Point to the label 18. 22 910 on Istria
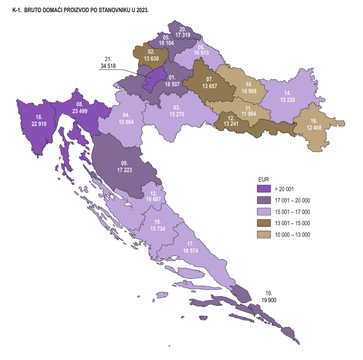click(39, 121)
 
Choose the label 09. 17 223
click(123, 168)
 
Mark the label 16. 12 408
click(313, 123)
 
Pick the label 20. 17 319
click(183, 32)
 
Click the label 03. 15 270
click(177, 111)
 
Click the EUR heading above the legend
click(264, 179)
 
